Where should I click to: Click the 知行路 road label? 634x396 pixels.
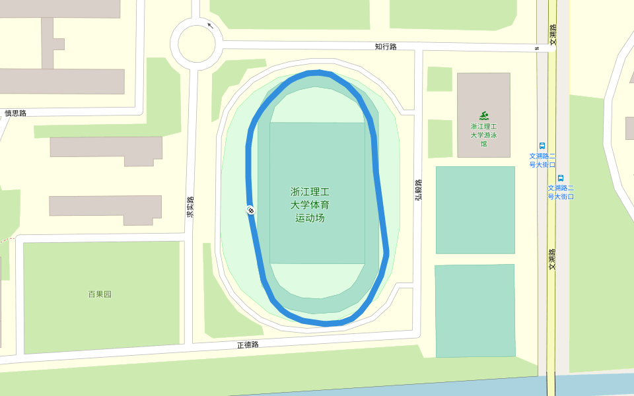[386, 47]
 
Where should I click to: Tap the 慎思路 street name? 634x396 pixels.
[15, 113]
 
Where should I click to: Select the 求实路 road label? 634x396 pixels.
[190, 207]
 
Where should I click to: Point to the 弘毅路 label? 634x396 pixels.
[418, 189]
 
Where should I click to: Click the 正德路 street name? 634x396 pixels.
[248, 345]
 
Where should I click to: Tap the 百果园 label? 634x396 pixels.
[100, 294]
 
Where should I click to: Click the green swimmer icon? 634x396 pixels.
[483, 115]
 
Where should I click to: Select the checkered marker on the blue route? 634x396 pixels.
[251, 211]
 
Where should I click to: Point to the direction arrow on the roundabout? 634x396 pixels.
[211, 26]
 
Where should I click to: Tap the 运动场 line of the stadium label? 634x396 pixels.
[310, 218]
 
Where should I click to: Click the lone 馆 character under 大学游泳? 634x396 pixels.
[483, 144]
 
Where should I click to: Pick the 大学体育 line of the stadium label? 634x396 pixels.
[310, 205]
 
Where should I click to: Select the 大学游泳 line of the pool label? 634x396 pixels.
[483, 135]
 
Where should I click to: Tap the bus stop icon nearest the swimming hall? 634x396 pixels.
[542, 146]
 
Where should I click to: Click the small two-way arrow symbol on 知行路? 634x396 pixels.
[538, 49]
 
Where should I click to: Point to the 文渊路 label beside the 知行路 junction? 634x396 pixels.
[553, 34]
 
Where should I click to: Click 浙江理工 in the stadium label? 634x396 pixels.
[310, 192]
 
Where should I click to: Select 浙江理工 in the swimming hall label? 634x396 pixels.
[483, 125]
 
